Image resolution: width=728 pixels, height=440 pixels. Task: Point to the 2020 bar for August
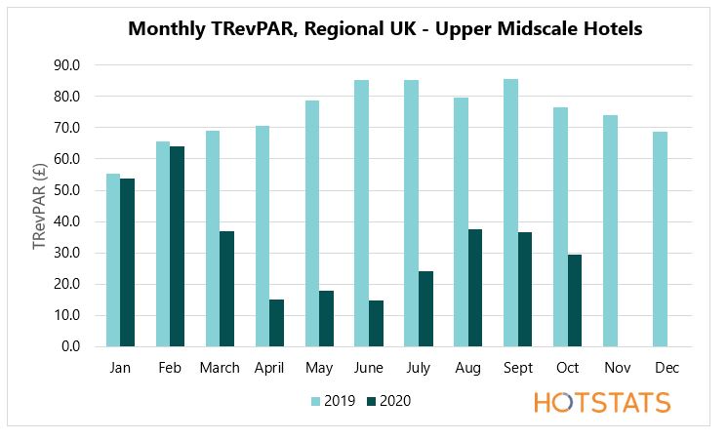[x=475, y=288]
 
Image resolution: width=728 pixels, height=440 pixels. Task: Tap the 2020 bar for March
[x=226, y=289]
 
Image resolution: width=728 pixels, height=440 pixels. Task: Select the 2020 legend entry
[x=386, y=401]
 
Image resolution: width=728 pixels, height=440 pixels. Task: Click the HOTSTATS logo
[x=602, y=402]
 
